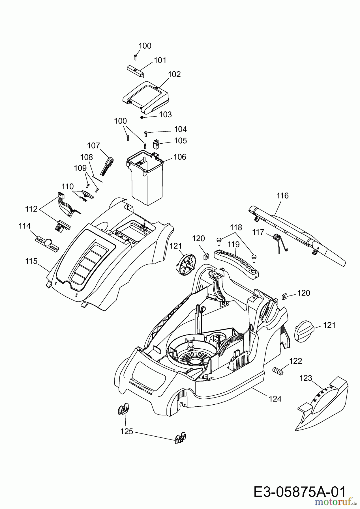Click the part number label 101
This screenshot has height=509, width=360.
pos(160,60)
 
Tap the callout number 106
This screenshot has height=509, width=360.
pos(180,157)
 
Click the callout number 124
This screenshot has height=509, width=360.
pos(275,399)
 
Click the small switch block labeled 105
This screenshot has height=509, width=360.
pos(156,144)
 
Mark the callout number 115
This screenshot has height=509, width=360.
pos(31,261)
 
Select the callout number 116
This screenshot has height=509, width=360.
pos(282,195)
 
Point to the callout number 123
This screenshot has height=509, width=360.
pos(306,378)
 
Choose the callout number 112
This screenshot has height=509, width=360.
pos(31,209)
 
